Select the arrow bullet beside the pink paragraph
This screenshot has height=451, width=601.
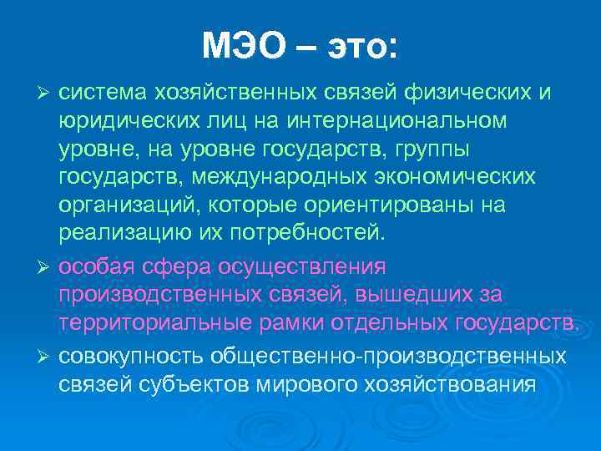coord(45,266)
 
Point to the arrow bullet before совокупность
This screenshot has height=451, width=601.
coord(45,356)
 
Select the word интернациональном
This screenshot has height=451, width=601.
coord(396,121)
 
